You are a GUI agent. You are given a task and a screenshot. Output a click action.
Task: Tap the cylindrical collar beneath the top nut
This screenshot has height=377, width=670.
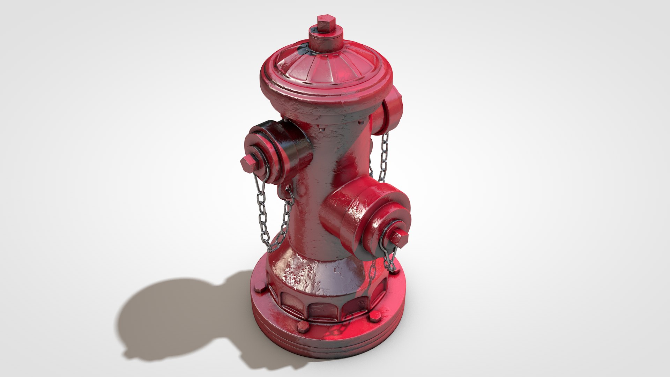tap(326, 41)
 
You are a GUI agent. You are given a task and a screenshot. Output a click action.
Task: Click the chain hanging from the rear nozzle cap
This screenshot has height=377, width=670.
tap(384, 157)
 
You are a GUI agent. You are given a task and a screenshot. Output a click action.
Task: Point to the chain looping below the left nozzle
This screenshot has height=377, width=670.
tap(274, 223)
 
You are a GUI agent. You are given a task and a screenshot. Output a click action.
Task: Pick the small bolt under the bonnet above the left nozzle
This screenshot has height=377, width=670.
tap(321, 129)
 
